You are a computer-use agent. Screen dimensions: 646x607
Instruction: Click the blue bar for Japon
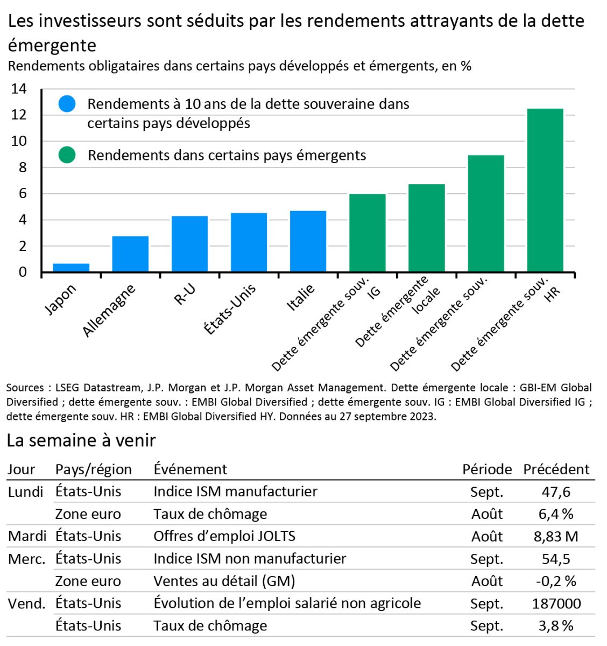[71, 268]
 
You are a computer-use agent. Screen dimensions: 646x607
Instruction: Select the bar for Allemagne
[130, 254]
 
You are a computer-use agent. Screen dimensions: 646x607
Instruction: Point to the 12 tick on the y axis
[19, 115]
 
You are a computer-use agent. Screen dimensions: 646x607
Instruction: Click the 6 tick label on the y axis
[23, 194]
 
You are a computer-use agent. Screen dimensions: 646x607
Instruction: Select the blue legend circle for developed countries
[67, 104]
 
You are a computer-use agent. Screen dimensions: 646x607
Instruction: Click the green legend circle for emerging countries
[67, 156]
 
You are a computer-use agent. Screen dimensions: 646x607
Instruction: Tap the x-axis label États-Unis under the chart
[230, 309]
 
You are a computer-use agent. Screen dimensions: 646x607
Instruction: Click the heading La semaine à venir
[81, 440]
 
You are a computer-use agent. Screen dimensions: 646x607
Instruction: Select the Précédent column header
[556, 469]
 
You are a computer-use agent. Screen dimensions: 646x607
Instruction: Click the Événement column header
[190, 469]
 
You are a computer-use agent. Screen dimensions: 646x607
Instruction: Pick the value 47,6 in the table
[556, 491]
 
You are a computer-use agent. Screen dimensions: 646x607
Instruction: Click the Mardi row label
[27, 536]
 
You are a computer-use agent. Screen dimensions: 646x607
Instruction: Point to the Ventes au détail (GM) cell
[224, 581]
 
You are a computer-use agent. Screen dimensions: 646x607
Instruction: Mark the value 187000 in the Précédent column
[556, 603]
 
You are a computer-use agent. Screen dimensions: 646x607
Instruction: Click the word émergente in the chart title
[52, 45]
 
